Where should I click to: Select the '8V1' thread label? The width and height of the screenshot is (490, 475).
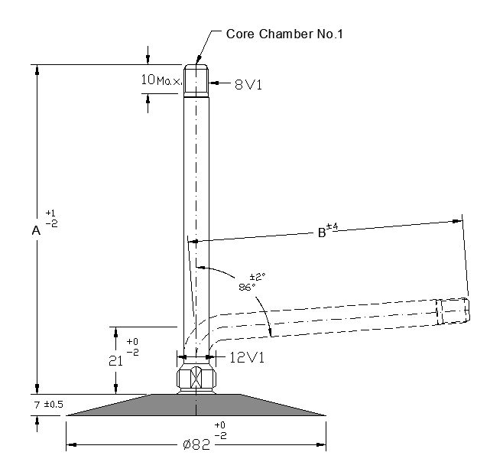pyautogui.click(x=248, y=84)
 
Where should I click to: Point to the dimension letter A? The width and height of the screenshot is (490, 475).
pyautogui.click(x=35, y=229)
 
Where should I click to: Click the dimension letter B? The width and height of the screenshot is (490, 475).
pyautogui.click(x=321, y=233)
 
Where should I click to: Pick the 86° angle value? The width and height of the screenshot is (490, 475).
pyautogui.click(x=246, y=288)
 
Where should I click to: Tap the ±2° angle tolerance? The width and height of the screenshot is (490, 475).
pyautogui.click(x=258, y=277)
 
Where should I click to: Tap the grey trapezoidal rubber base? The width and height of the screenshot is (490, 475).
pyautogui.click(x=195, y=405)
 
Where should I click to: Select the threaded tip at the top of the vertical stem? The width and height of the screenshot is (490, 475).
pyautogui.click(x=196, y=79)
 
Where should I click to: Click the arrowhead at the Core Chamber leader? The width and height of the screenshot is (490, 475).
pyautogui.click(x=196, y=60)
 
